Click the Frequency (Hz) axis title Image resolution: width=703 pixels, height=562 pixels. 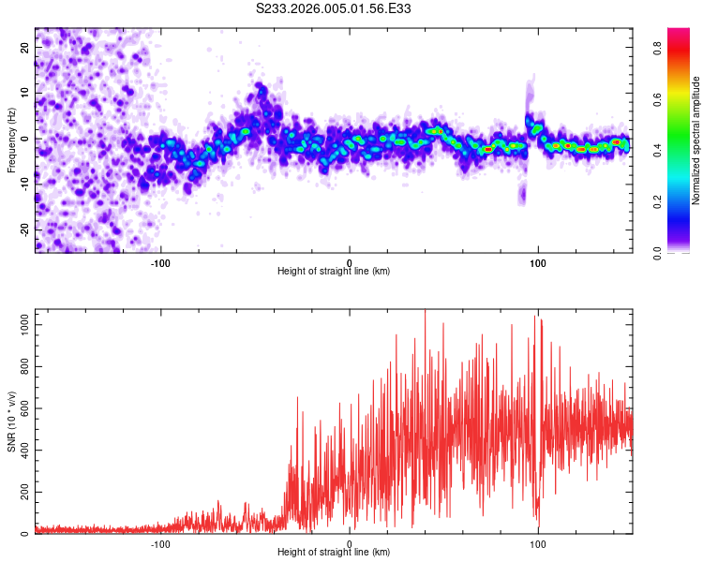pyautogui.click(x=11, y=140)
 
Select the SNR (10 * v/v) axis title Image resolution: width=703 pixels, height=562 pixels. pyautogui.click(x=11, y=421)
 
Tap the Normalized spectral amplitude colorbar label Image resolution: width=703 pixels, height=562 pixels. pyautogui.click(x=696, y=140)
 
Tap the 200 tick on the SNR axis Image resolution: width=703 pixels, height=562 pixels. pyautogui.click(x=22, y=492)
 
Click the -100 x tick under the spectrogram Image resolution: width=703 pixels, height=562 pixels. pyautogui.click(x=160, y=261)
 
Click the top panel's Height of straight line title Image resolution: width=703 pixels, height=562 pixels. pyautogui.click(x=334, y=271)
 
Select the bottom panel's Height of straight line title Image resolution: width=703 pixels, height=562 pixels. pyautogui.click(x=334, y=553)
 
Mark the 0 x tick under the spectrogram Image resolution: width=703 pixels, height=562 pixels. pyautogui.click(x=350, y=261)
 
